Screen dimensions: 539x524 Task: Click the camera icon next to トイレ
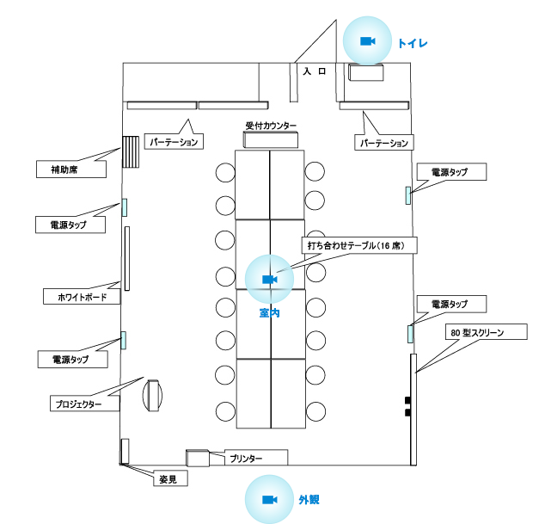pos(367,41)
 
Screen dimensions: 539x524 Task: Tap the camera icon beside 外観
pos(270,500)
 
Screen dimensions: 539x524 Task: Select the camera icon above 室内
pos(270,280)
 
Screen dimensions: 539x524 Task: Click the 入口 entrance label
pos(314,71)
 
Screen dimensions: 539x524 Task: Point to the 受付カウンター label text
pos(271,126)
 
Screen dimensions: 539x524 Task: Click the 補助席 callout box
pos(71,170)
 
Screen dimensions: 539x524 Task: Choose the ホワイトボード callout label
pos(82,297)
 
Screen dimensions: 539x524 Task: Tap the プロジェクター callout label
pos(85,404)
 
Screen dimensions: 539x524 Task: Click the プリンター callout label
pos(256,458)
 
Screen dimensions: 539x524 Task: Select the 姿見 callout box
pos(170,478)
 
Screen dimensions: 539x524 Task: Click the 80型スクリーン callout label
pos(487,332)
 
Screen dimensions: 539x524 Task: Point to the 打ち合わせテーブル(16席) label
pos(359,245)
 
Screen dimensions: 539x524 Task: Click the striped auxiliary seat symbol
pos(131,151)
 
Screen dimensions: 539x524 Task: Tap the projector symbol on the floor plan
pos(153,395)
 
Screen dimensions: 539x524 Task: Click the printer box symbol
pos(198,458)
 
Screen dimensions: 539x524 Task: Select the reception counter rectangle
pos(271,140)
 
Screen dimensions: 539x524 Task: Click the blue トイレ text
pos(413,43)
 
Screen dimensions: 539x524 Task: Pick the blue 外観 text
pos(309,500)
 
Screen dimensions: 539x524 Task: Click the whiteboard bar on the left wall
pos(127,258)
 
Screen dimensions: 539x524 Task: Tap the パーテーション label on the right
pos(384,143)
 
